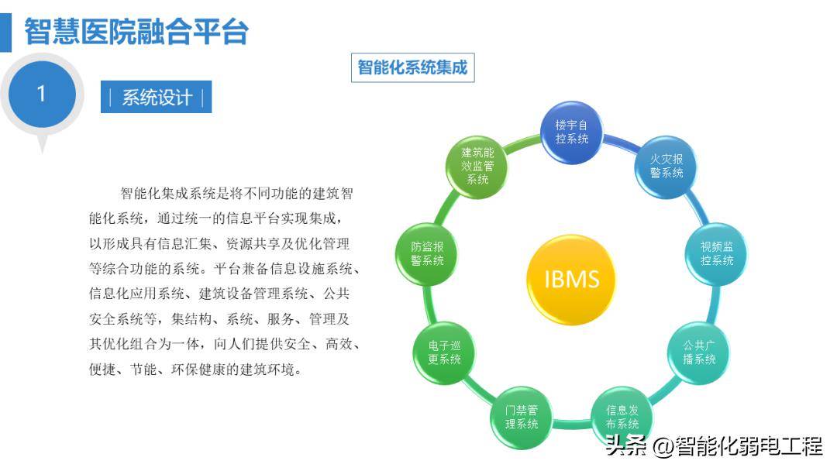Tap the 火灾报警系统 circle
click(666, 165)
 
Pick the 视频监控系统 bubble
click(717, 253)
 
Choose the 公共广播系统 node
click(699, 352)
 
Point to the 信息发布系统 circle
click(622, 417)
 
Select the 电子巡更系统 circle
click(444, 352)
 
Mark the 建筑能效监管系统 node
click(477, 165)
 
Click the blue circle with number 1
click(41, 94)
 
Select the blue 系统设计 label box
click(156, 98)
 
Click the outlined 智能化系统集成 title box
click(412, 67)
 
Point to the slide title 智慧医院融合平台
click(136, 32)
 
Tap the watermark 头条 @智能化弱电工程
click(712, 447)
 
